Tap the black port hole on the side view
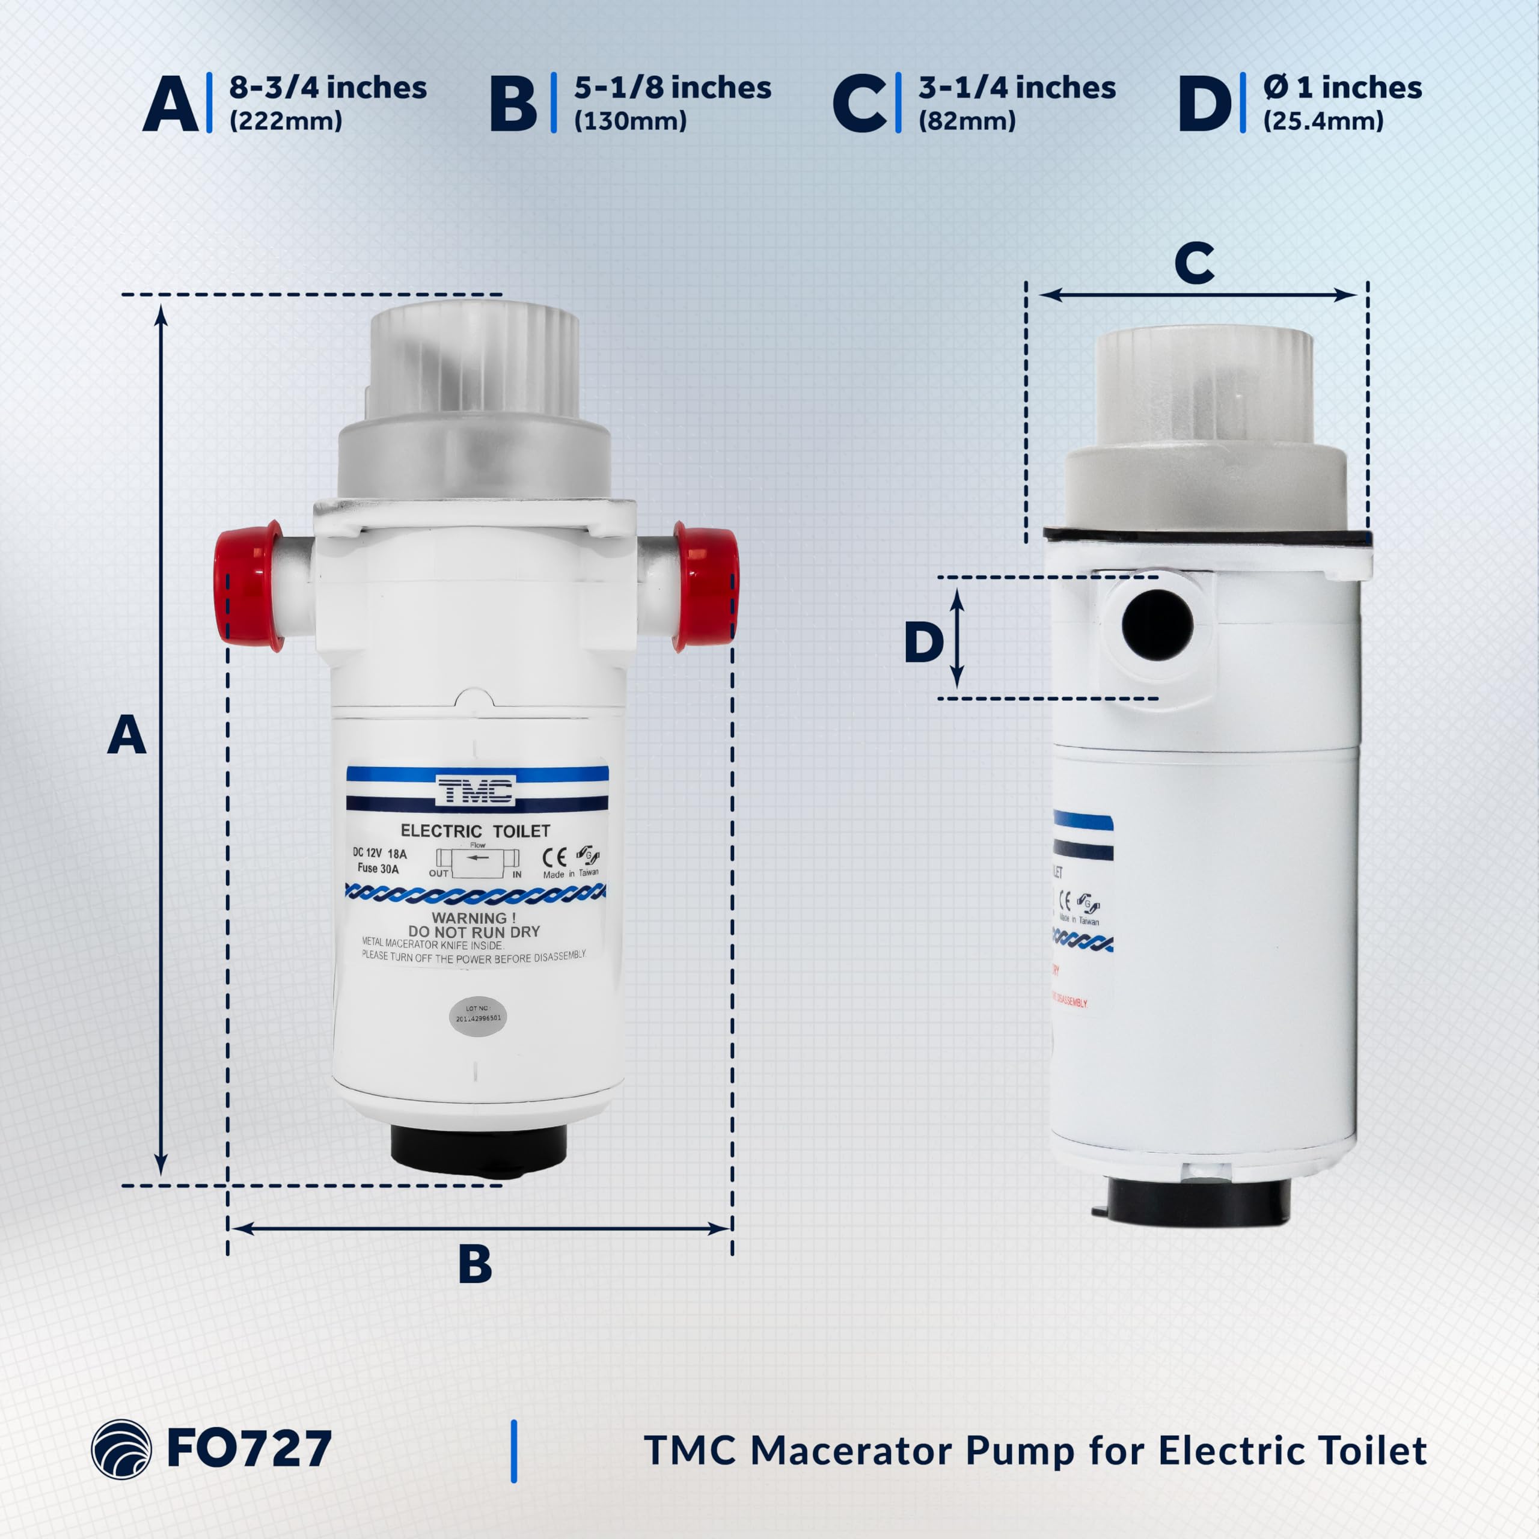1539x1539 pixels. pyautogui.click(x=1157, y=625)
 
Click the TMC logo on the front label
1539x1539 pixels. pyautogui.click(x=476, y=791)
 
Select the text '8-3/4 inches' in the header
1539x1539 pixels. pyautogui.click(x=328, y=88)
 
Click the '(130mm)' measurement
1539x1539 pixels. pyautogui.click(x=630, y=121)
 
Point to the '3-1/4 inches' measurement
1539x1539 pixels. pyautogui.click(x=1017, y=88)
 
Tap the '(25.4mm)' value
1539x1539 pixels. pyautogui.click(x=1323, y=121)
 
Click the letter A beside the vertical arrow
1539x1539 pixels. pyautogui.click(x=127, y=735)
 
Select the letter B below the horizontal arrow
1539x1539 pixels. pyautogui.click(x=475, y=1264)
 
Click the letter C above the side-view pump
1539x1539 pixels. pyautogui.click(x=1194, y=264)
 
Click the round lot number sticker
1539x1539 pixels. pyautogui.click(x=478, y=1017)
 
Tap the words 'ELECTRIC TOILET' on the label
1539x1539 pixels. pyautogui.click(x=475, y=831)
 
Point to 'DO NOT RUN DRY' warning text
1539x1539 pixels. pyautogui.click(x=474, y=931)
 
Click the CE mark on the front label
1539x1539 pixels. pyautogui.click(x=554, y=857)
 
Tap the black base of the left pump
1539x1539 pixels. pyautogui.click(x=478, y=1149)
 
